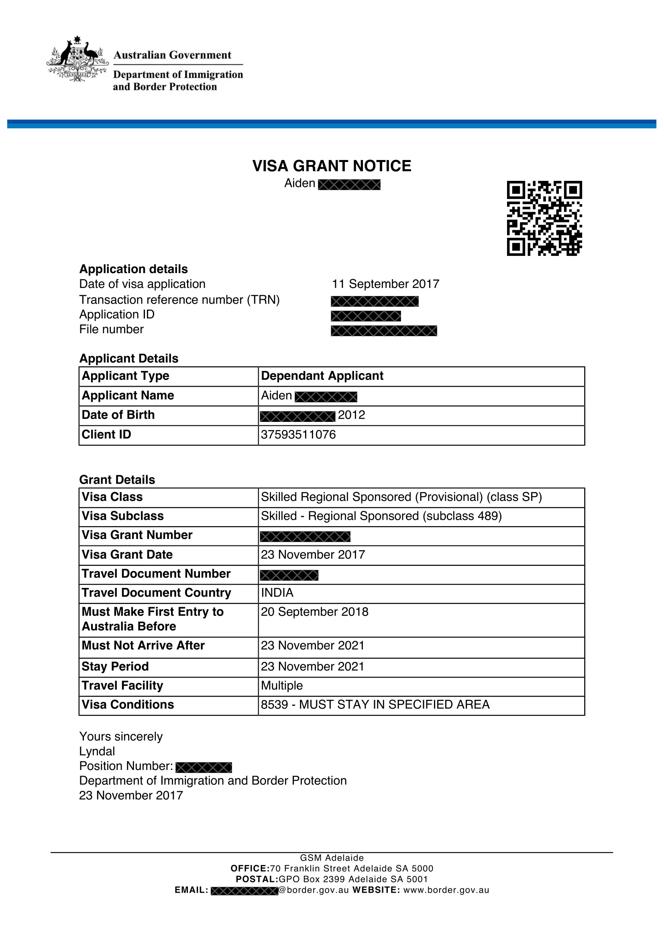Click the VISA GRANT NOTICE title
(332, 166)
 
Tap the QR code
(544, 218)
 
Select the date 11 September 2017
(385, 284)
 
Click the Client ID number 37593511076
(298, 435)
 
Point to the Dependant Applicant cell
(322, 376)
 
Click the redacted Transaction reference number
(375, 302)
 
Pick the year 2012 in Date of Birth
(351, 415)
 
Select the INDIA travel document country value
(277, 593)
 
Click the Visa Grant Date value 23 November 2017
(313, 555)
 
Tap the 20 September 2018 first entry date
(314, 612)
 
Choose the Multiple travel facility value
(282, 685)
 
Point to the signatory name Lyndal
(97, 751)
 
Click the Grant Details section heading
(117, 480)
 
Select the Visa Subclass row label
(123, 516)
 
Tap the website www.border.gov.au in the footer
(446, 890)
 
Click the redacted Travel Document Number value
(289, 575)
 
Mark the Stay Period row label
(115, 667)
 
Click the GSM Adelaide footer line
(332, 858)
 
